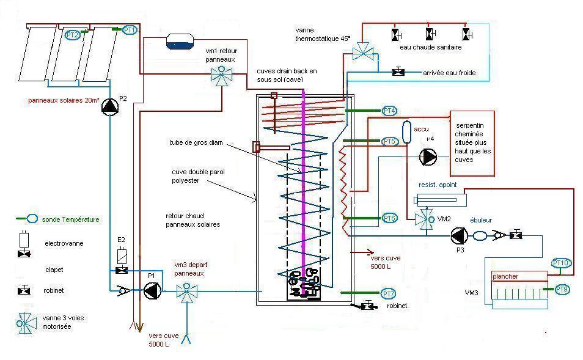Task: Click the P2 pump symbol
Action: [110, 106]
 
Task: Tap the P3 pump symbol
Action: [459, 235]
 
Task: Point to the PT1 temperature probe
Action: [130, 29]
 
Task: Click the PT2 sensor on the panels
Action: [73, 35]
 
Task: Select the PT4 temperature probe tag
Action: [389, 111]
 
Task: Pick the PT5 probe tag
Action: [389, 141]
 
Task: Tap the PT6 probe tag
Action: [389, 218]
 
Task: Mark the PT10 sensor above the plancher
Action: [560, 263]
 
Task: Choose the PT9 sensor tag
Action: [562, 288]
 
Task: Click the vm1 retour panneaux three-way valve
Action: [218, 75]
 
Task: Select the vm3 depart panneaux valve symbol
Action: [184, 292]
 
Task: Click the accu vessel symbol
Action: [408, 131]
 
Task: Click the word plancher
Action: [505, 276]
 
